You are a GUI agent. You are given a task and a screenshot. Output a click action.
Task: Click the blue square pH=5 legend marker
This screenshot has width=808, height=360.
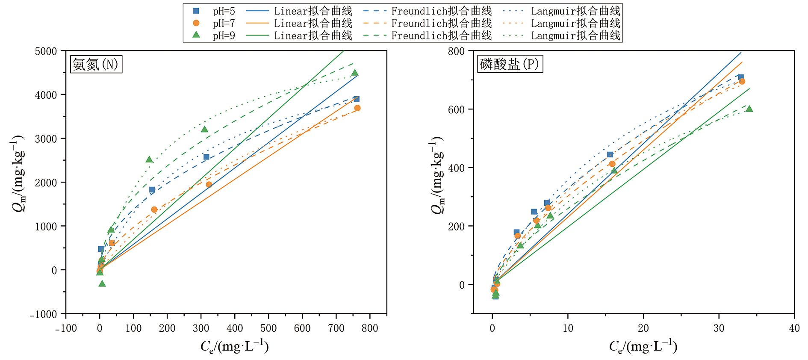196,11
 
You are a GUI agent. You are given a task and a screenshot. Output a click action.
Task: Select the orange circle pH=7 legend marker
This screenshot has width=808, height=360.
196,23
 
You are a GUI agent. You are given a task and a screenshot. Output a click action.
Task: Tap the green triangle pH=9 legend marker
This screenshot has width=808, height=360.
196,35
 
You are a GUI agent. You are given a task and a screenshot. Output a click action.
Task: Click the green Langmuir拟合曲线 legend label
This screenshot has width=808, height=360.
575,35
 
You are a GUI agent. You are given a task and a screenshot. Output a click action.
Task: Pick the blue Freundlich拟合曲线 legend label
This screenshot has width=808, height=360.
441,11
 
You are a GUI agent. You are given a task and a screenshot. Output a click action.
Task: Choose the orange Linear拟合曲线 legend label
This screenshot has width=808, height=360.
313,23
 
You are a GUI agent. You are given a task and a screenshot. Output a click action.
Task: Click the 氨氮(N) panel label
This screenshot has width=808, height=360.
96,65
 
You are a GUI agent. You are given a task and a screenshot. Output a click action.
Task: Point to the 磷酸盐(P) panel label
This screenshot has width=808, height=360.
510,64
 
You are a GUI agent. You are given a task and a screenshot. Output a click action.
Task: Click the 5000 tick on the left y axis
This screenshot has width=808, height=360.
46,51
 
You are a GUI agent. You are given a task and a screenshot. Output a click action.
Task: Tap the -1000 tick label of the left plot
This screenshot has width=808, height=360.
43,315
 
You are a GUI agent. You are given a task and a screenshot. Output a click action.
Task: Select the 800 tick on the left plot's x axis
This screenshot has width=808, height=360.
370,328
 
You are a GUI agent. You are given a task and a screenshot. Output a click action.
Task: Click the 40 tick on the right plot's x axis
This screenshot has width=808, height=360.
794,328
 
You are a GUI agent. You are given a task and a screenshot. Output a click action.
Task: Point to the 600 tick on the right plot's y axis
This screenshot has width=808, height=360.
456,109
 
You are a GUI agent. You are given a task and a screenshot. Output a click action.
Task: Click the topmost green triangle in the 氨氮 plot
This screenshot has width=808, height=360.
354,73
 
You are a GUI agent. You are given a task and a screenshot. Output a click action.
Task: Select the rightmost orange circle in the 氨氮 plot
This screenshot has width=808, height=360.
357,108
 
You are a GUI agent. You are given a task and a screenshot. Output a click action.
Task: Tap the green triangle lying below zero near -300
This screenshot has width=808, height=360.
102,283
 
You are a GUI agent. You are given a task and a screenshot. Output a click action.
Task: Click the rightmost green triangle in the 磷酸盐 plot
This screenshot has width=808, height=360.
749,109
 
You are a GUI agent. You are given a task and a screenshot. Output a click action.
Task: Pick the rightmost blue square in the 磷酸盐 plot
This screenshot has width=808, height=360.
741,77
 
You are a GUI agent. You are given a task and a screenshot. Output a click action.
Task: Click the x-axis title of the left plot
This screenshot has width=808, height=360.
234,346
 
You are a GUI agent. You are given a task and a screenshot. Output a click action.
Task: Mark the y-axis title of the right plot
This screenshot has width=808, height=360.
437,175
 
